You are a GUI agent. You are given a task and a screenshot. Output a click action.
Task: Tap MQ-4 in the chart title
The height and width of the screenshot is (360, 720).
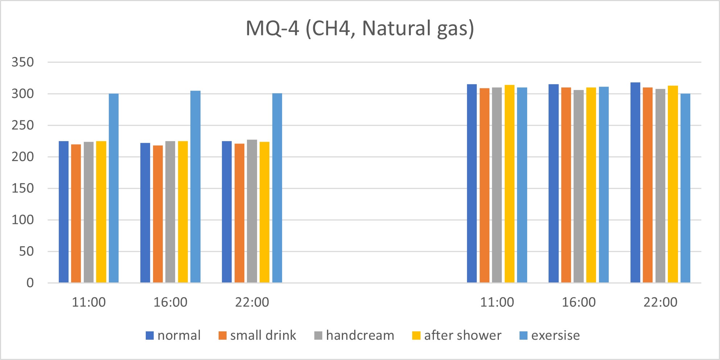click(x=273, y=28)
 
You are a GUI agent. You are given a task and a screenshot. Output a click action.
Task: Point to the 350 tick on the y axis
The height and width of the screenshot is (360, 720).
click(x=22, y=62)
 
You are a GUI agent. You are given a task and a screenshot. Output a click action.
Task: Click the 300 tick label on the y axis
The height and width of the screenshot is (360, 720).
click(x=22, y=94)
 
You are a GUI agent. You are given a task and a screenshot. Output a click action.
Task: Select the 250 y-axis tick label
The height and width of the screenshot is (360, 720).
click(x=22, y=125)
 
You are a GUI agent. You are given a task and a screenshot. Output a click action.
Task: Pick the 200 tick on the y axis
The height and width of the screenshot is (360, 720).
click(x=22, y=157)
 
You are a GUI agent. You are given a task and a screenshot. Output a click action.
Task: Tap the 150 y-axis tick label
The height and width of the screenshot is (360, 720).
click(x=22, y=189)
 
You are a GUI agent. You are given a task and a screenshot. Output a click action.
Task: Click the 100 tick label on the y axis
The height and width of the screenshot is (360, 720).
click(x=22, y=220)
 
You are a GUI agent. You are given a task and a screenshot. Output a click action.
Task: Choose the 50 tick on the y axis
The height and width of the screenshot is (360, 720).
click(x=26, y=252)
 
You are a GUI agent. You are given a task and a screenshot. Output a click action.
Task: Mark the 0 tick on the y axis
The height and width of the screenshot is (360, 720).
click(x=30, y=283)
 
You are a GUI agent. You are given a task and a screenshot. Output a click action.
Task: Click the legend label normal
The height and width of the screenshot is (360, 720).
click(x=179, y=335)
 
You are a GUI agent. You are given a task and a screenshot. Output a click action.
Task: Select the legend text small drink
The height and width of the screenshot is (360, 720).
click(x=263, y=335)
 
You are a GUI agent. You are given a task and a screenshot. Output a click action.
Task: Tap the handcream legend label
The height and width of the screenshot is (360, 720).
click(x=360, y=335)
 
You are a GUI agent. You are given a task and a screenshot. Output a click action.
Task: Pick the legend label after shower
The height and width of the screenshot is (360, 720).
click(x=463, y=335)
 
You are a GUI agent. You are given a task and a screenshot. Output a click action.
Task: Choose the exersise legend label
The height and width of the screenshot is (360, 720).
click(x=555, y=335)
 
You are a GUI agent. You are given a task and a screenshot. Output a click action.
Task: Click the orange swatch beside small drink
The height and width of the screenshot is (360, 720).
click(x=222, y=336)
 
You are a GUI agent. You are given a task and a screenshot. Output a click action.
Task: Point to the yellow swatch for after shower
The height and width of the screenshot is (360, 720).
click(x=416, y=336)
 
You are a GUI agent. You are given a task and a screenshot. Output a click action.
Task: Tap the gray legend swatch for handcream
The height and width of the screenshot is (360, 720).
click(x=318, y=336)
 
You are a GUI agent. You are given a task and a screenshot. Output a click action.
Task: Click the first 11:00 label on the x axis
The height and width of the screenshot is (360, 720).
click(x=89, y=302)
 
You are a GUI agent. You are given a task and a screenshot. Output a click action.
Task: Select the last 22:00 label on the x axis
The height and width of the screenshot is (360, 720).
click(x=660, y=302)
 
